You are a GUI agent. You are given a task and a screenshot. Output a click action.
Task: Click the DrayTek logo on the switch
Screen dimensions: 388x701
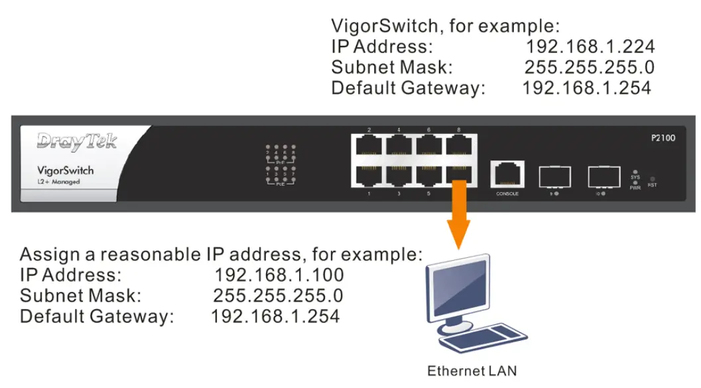(x=77, y=141)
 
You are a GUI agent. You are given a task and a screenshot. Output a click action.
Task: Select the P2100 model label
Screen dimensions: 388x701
(x=663, y=139)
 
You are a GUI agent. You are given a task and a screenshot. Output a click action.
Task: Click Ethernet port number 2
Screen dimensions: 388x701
(x=369, y=145)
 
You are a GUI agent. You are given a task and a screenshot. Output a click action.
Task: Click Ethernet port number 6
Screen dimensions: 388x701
(x=429, y=145)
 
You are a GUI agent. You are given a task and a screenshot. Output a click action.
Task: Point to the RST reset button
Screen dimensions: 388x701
(x=653, y=179)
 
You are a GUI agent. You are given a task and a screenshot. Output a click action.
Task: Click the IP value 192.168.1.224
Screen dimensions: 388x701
(x=590, y=47)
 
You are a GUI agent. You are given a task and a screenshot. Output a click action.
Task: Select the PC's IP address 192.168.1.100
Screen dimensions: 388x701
(x=279, y=275)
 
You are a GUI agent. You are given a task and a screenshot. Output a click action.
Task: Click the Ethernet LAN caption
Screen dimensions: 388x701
(x=472, y=370)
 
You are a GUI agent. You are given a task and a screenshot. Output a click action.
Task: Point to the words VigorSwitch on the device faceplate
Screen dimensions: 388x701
(x=65, y=170)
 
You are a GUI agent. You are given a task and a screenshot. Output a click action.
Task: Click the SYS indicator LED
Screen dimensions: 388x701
(x=635, y=172)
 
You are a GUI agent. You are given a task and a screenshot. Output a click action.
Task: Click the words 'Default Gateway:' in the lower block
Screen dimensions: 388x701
(x=97, y=316)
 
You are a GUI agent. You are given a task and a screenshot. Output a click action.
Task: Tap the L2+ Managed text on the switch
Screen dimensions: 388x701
(x=58, y=182)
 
